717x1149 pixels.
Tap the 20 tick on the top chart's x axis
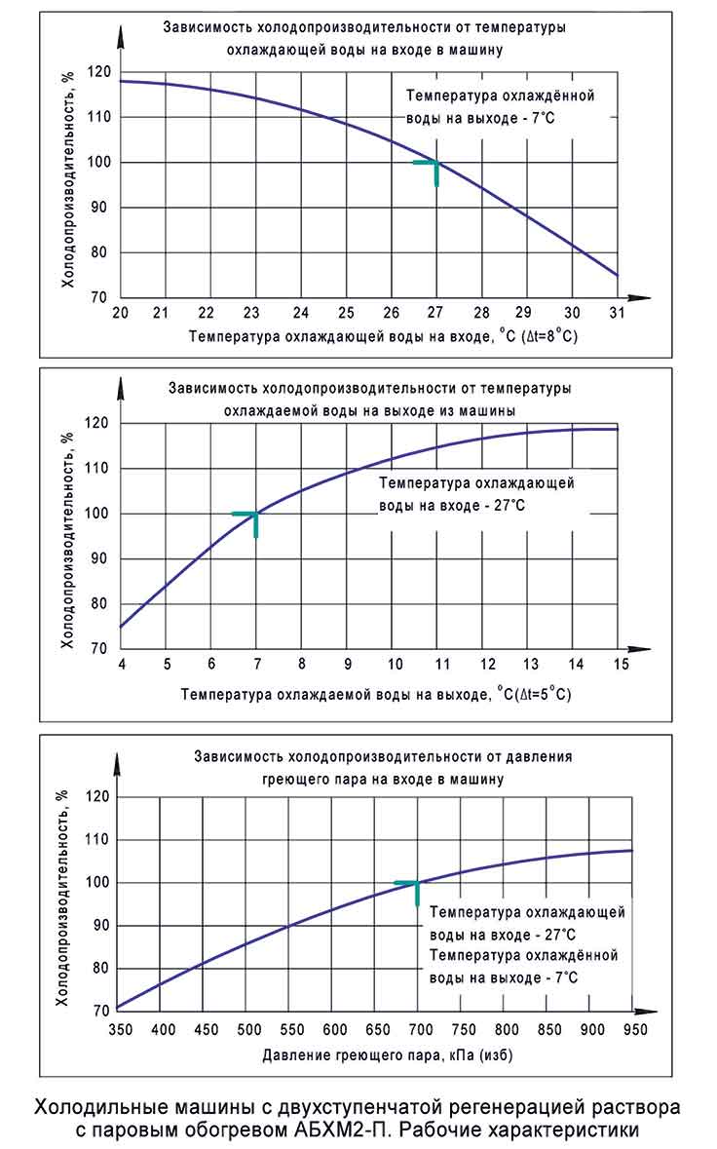coord(121,313)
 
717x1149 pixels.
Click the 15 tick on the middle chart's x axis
coord(618,665)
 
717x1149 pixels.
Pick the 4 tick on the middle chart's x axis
coord(121,665)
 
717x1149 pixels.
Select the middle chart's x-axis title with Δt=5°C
coord(375,695)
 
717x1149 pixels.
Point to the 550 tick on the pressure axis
coord(291,1028)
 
